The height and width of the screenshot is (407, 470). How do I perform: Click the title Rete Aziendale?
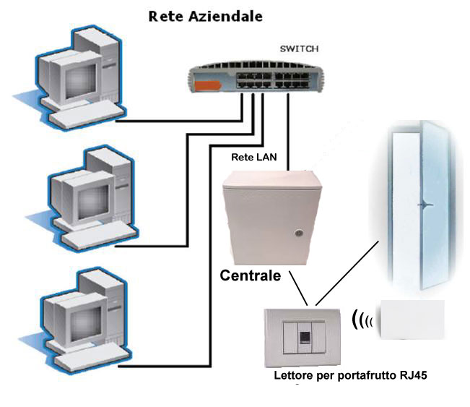(x=205, y=15)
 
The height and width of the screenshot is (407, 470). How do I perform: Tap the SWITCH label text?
(x=298, y=49)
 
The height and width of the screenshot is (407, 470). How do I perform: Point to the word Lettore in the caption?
(x=294, y=376)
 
